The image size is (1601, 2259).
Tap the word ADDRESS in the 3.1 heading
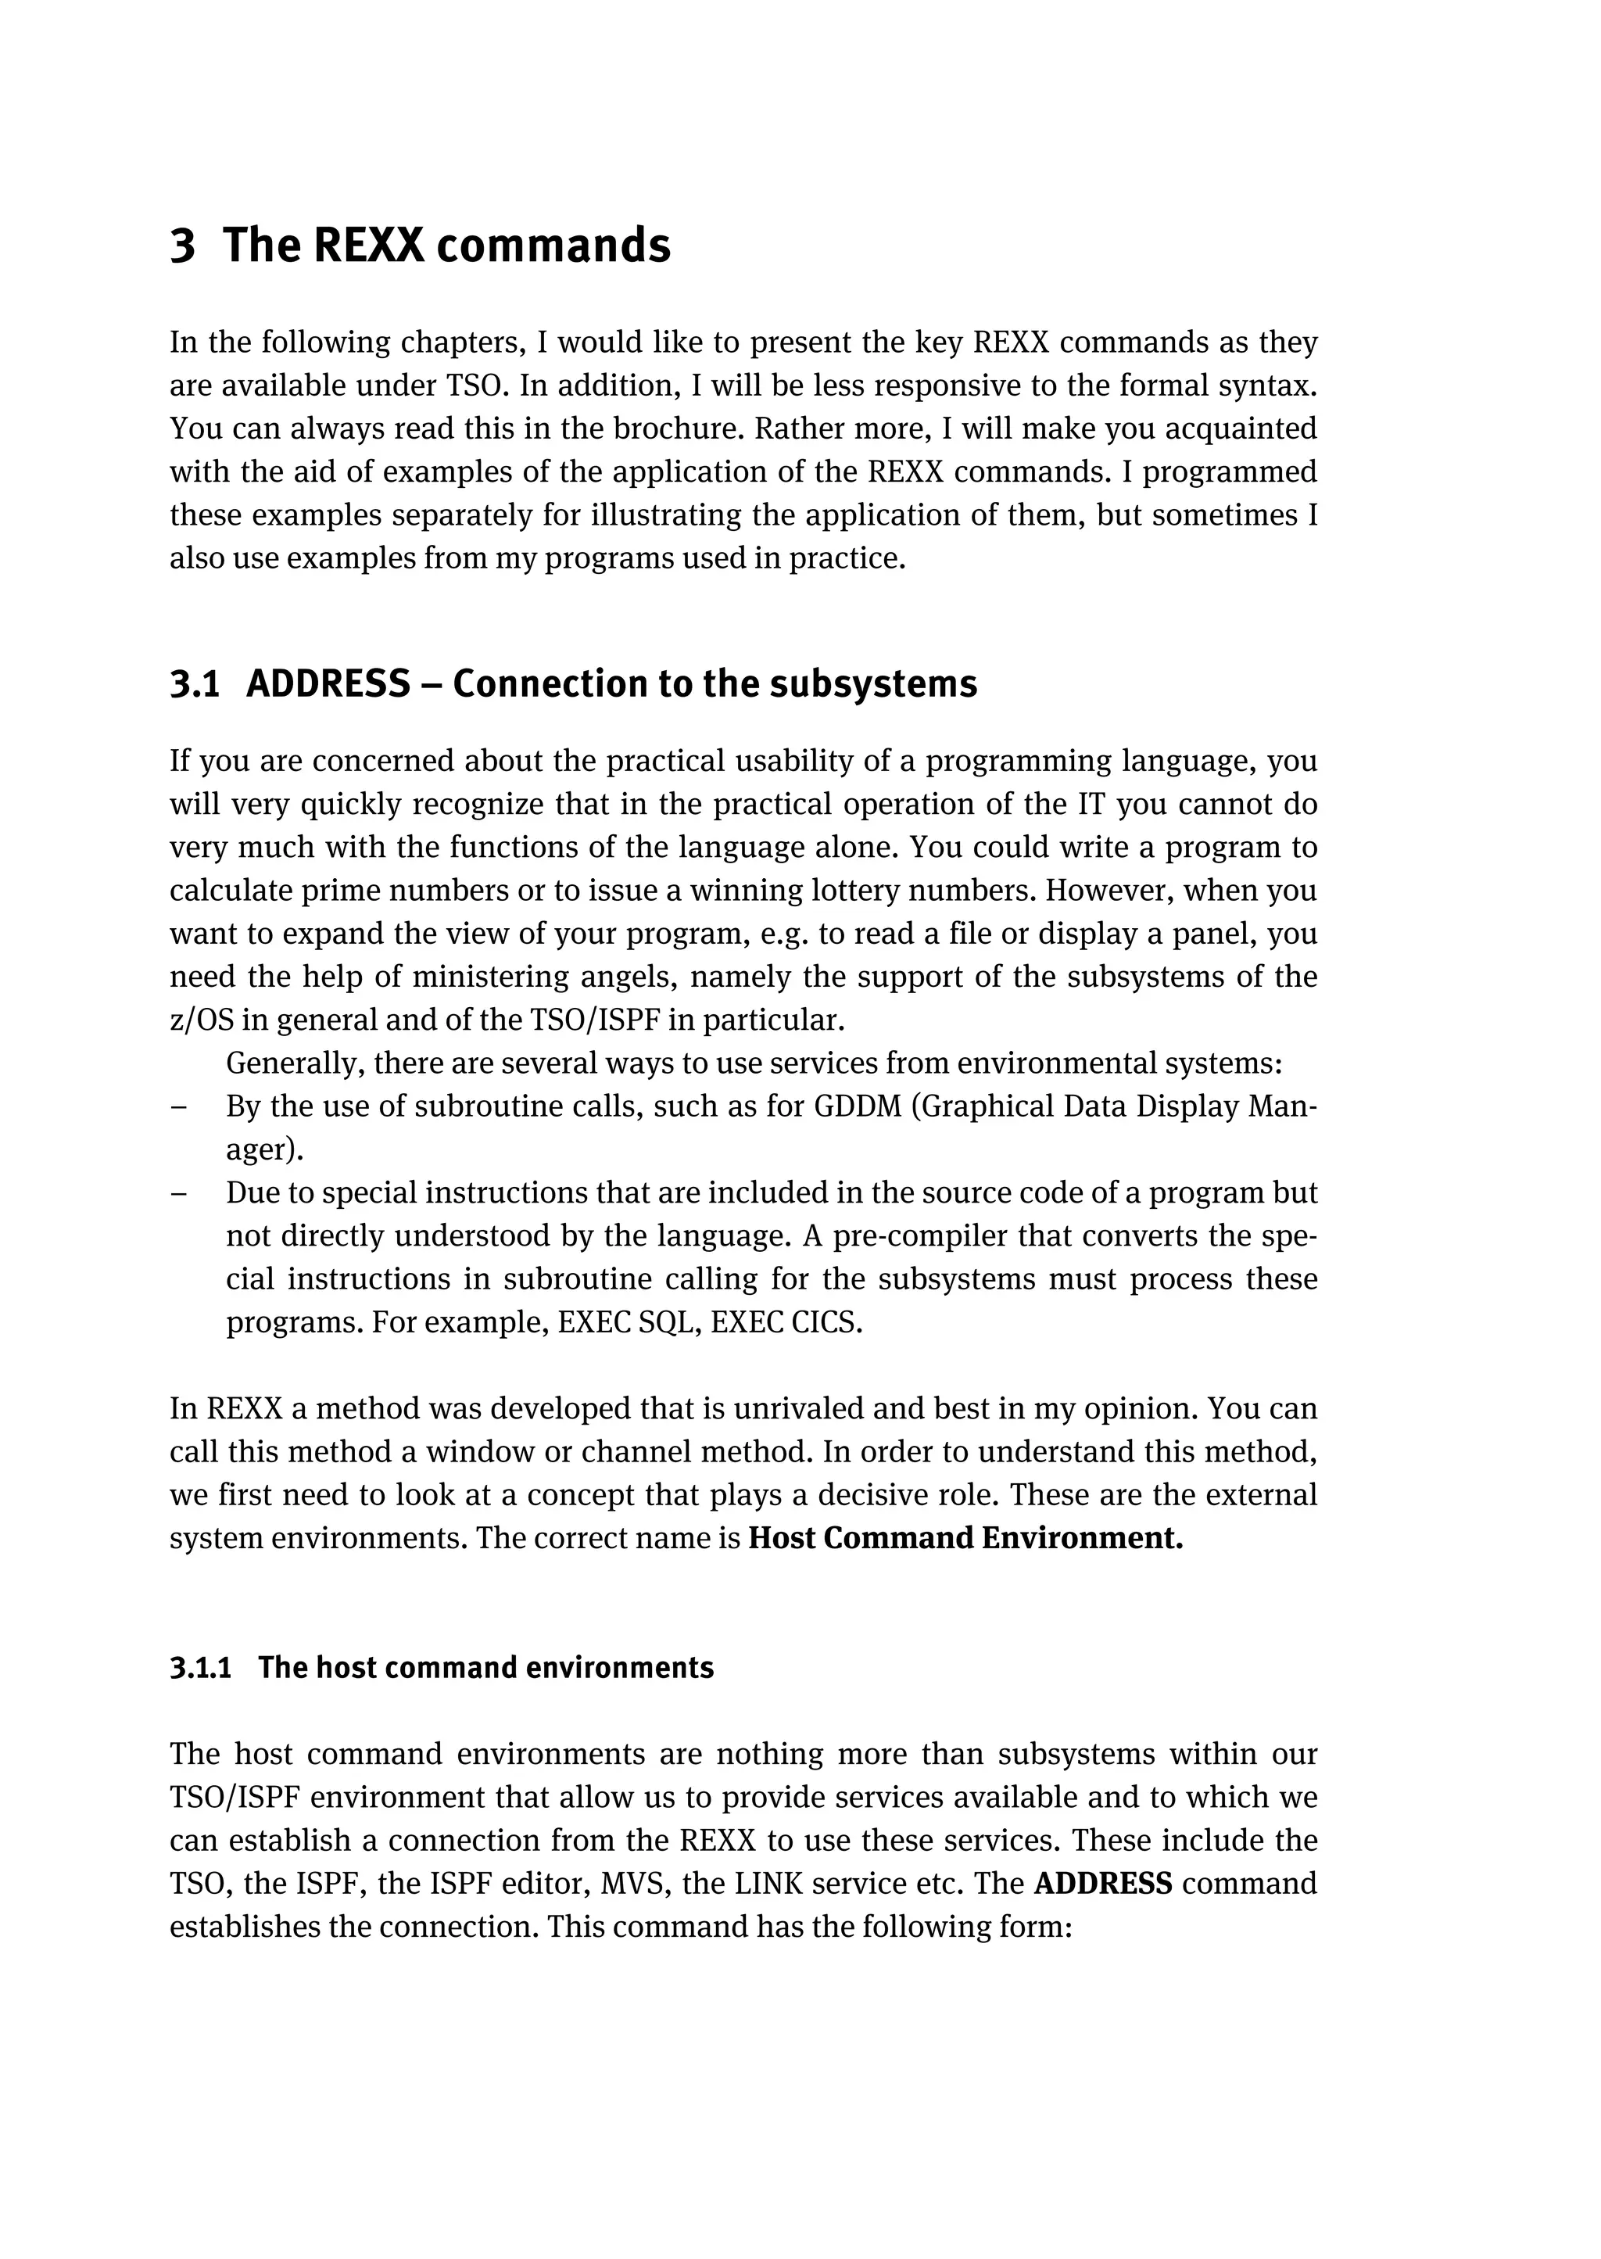point(328,684)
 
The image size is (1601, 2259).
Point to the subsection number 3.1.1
point(200,1667)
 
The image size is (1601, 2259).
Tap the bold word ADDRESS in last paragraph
point(1103,1884)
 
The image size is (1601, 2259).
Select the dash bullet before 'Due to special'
point(178,1193)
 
